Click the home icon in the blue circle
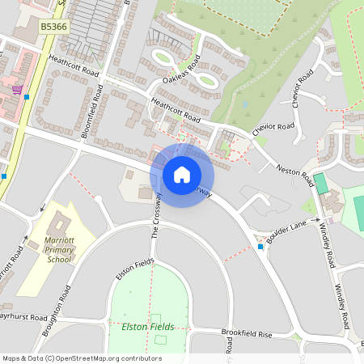182,175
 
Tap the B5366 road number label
54,27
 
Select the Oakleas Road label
180,69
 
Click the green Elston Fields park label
147,327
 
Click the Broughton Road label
63,303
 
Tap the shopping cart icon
17,89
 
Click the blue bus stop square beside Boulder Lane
260,246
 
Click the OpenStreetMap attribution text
82,358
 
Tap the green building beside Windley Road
321,183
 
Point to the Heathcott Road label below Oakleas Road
176,110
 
